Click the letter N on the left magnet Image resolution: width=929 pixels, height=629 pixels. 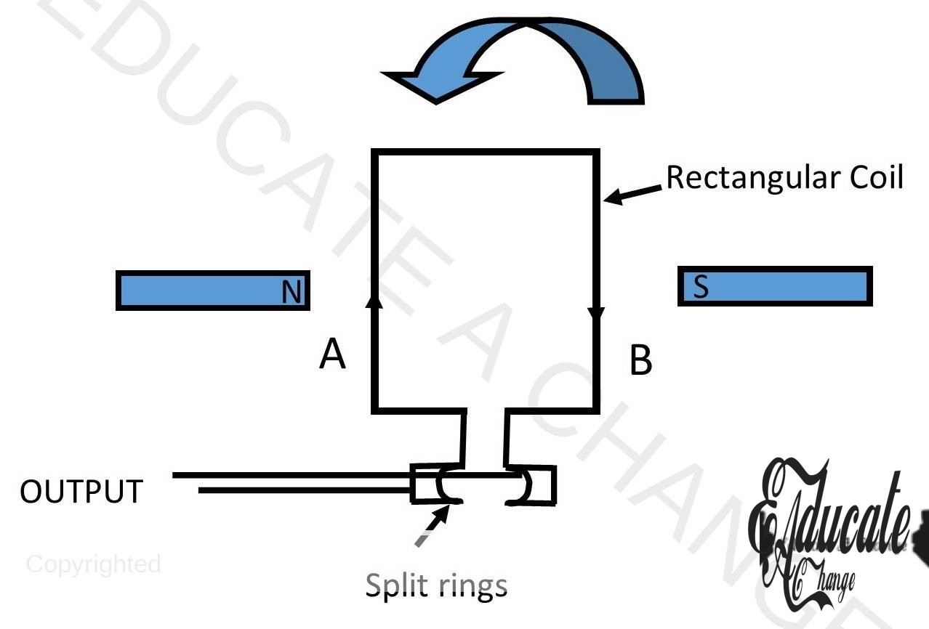point(291,293)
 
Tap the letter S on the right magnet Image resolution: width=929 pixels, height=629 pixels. point(701,287)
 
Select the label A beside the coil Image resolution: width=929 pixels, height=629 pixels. point(332,355)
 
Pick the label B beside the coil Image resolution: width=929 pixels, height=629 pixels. point(640,361)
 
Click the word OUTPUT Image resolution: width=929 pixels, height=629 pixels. point(81,492)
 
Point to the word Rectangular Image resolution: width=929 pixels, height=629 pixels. point(748,177)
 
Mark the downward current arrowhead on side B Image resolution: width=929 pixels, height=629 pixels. point(596,314)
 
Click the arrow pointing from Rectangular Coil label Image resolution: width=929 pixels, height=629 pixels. point(634,192)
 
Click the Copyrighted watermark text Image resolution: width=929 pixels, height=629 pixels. point(94,564)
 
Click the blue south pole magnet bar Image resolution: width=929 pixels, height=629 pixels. point(775,286)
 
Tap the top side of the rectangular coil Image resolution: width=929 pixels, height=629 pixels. point(486,152)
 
